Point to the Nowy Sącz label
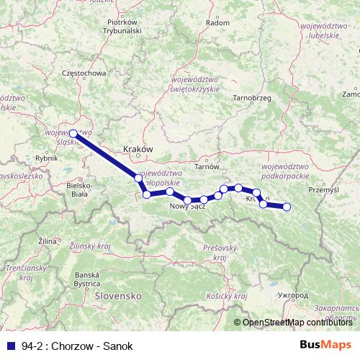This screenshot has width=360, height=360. [189, 207]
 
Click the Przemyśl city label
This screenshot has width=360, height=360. [322, 190]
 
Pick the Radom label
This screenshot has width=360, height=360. [217, 23]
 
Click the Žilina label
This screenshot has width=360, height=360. [48, 239]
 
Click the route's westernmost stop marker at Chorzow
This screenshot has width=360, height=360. [73, 133]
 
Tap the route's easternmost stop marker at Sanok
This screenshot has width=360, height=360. [287, 207]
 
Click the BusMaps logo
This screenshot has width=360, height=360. [325, 345]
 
